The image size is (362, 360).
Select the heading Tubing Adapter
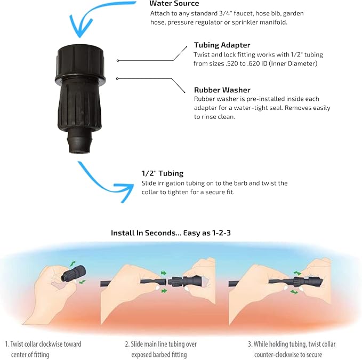[221, 45]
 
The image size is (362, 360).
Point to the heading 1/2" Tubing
[163, 173]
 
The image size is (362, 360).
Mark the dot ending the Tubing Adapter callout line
[118, 61]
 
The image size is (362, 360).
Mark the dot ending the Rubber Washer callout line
[118, 79]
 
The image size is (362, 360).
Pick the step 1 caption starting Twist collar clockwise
[43, 349]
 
